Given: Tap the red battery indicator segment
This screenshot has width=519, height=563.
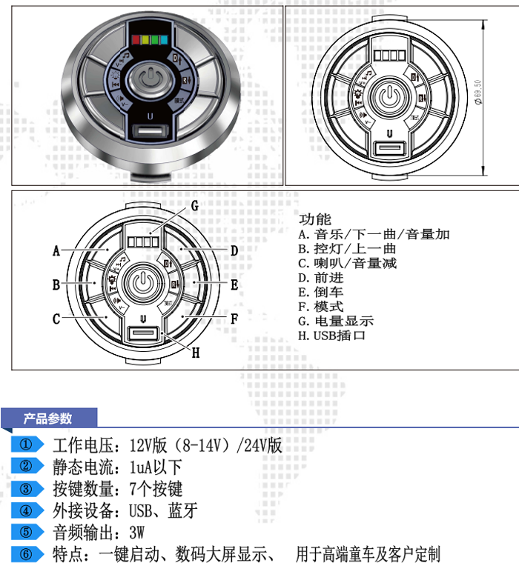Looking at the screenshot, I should tap(135, 40).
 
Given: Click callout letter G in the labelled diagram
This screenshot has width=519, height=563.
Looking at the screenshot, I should tap(194, 205).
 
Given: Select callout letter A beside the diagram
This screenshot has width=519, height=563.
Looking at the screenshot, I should tap(56, 251).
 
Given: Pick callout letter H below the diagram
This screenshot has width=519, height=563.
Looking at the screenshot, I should tap(196, 353).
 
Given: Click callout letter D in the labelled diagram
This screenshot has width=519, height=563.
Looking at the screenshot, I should tap(234, 251).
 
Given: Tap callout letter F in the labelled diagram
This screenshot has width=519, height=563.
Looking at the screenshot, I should tap(234, 319).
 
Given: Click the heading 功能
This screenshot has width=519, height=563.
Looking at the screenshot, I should tap(315, 219).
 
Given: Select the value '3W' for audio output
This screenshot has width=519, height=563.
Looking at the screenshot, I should tap(136, 532).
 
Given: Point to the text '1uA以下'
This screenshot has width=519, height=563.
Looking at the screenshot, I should tap(156, 467).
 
